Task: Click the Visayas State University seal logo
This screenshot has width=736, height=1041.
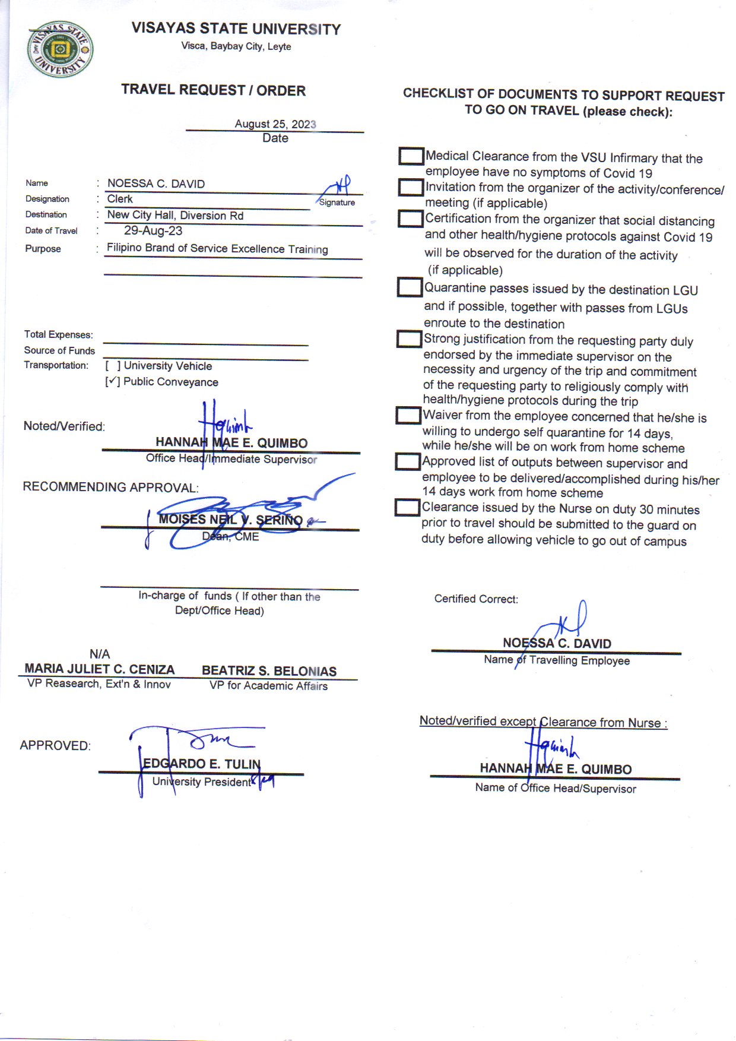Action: (60, 50)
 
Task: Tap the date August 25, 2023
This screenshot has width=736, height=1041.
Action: (275, 124)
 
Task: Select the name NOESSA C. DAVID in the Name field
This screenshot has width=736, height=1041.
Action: (156, 184)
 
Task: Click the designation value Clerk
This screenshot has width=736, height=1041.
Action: (120, 199)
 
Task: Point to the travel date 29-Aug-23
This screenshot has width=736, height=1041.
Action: (153, 231)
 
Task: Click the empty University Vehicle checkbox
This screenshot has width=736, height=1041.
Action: (113, 366)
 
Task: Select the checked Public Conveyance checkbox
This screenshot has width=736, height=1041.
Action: (113, 382)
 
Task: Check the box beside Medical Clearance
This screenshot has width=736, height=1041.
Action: (411, 156)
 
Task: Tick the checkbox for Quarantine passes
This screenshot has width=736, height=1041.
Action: (409, 287)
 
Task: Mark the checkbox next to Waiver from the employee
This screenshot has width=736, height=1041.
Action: (408, 415)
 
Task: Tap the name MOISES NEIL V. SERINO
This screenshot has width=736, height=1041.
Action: (230, 520)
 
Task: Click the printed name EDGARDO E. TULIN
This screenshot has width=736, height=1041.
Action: (202, 764)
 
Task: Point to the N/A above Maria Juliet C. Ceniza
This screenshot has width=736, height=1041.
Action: (100, 654)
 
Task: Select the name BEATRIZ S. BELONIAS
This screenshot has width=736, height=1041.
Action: (269, 671)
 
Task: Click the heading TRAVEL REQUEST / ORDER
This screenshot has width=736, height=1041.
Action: (214, 90)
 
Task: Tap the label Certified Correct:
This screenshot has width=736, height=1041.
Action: (476, 599)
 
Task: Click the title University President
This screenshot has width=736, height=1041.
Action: (202, 782)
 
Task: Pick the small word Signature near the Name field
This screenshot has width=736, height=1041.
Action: (337, 202)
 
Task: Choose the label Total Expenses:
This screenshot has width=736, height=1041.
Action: (58, 335)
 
